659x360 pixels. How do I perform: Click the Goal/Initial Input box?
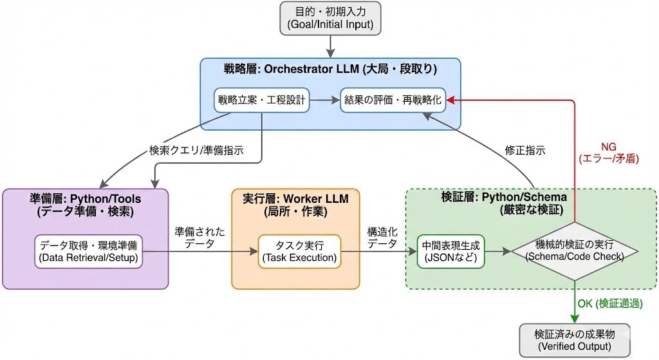330,18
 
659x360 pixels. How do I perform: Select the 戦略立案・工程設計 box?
262,100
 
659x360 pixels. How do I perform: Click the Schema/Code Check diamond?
574,251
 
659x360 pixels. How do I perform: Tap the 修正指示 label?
525,151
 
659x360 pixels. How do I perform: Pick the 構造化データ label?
382,236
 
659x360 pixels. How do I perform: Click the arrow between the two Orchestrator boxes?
324,100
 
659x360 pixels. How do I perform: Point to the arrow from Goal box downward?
330,46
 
